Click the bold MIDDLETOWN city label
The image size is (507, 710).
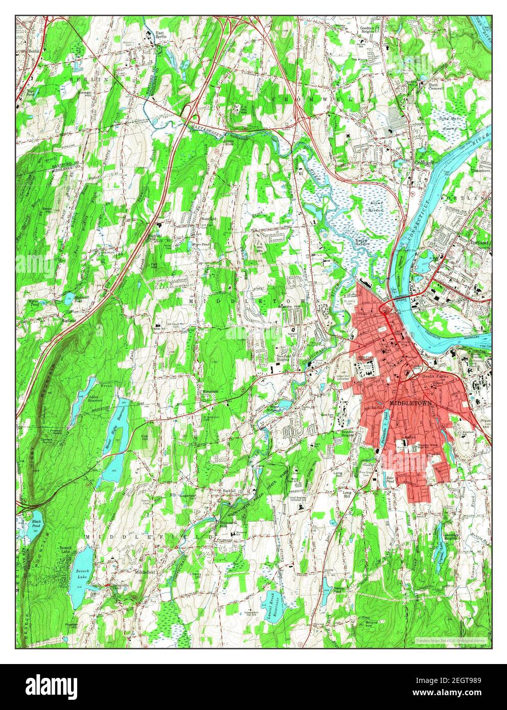410,403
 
